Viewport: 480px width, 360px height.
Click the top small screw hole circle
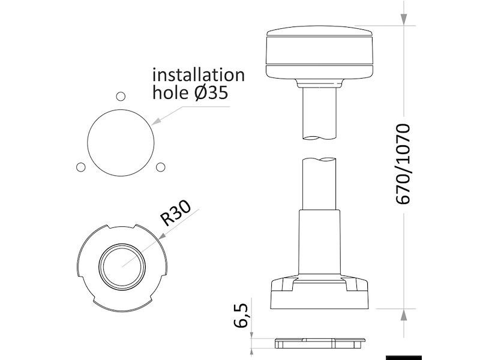120,96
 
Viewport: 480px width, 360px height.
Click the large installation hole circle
119,142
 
